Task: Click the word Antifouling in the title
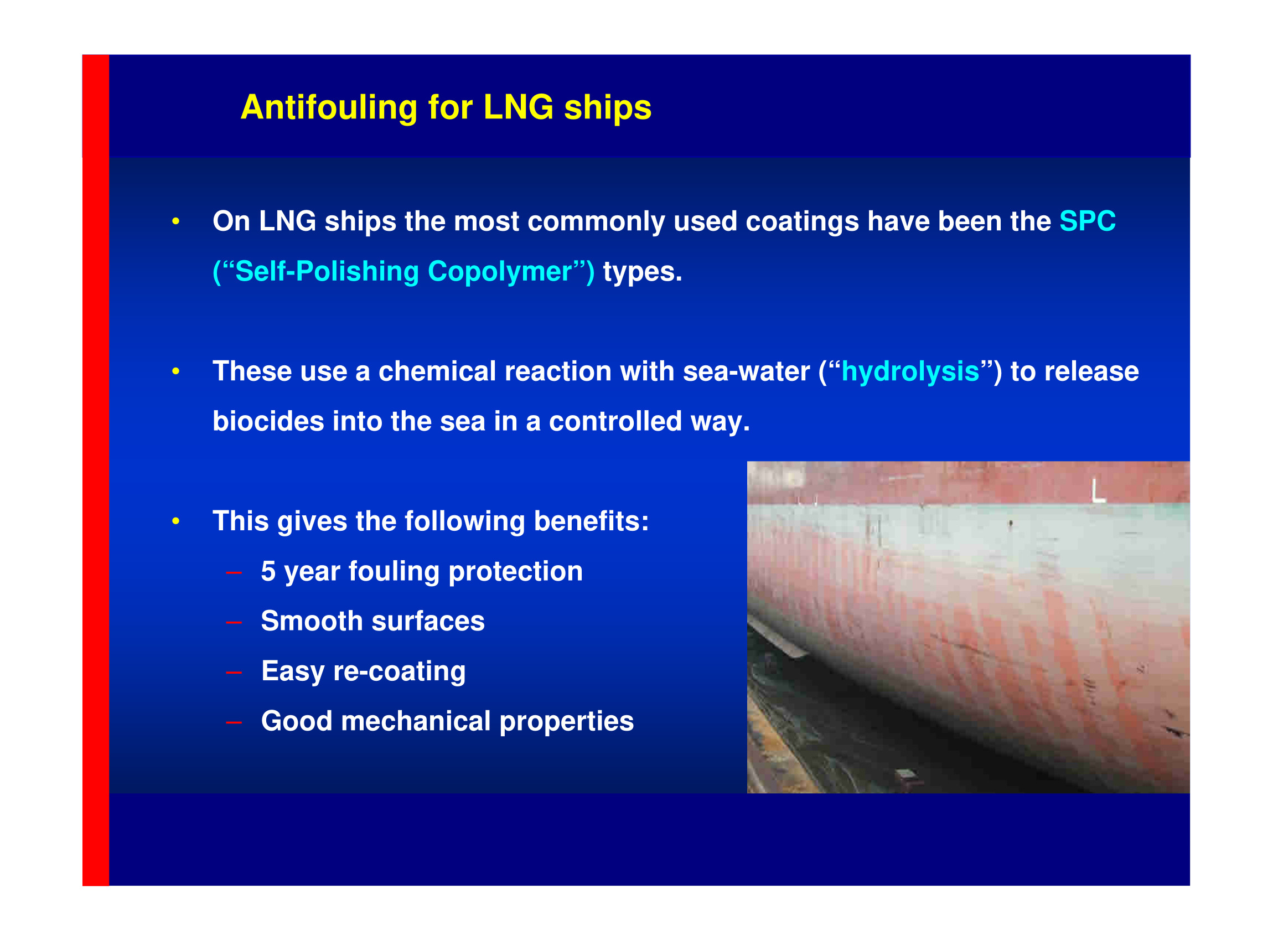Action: coord(329,107)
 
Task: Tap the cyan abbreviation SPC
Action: coord(1088,221)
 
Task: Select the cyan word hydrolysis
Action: coord(910,371)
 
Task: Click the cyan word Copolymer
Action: coord(500,272)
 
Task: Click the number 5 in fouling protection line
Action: coord(268,571)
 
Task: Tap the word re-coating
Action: coord(399,671)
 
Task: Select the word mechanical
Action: coord(415,721)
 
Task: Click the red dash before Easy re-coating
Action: coord(234,673)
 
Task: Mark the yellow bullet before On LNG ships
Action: coord(175,221)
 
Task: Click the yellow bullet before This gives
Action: coord(175,521)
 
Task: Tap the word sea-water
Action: coord(746,371)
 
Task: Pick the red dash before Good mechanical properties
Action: coord(234,723)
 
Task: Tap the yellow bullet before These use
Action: coord(175,371)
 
